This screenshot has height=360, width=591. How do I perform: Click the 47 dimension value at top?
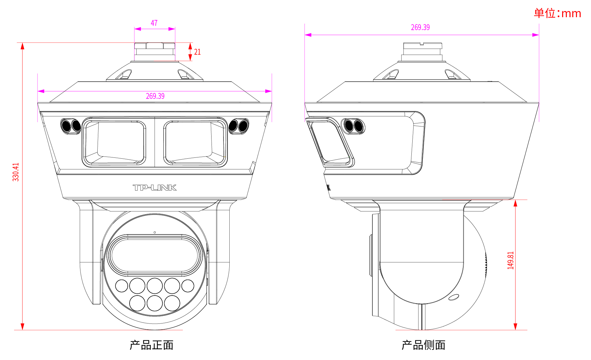tap(154, 23)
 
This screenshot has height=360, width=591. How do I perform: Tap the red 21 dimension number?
tap(197, 52)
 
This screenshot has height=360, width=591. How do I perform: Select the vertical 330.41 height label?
tap(16, 172)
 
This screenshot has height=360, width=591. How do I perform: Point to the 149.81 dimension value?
tap(510, 261)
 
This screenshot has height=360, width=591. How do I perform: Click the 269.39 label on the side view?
tap(420, 27)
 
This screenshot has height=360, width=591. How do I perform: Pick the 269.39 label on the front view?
tap(155, 96)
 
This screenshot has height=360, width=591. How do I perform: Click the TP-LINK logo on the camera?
tap(155, 188)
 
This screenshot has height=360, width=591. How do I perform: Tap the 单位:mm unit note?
tap(557, 13)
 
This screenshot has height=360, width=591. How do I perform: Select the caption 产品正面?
tap(151, 345)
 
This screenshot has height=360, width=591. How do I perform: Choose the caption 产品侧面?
tap(423, 345)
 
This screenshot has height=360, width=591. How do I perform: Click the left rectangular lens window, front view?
tap(114, 142)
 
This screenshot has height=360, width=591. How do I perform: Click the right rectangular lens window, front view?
tap(195, 142)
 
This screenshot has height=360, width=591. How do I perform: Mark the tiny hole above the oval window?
tap(155, 232)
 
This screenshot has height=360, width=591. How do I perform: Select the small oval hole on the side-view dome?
tap(453, 297)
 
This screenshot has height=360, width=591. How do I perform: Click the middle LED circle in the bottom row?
tap(155, 303)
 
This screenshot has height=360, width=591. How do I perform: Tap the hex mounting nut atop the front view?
tap(155, 46)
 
